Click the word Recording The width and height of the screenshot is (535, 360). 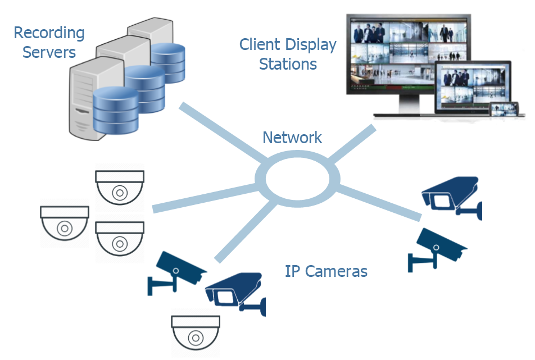click(x=49, y=33)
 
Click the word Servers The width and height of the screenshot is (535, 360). click(x=49, y=53)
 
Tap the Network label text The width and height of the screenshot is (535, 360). click(x=292, y=138)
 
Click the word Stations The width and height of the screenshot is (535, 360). click(x=288, y=64)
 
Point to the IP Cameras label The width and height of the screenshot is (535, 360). click(x=326, y=272)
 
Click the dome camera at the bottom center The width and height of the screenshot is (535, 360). click(x=196, y=334)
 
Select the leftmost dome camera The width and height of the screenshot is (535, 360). click(x=65, y=225)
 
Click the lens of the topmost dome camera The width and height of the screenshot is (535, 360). click(x=120, y=193)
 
